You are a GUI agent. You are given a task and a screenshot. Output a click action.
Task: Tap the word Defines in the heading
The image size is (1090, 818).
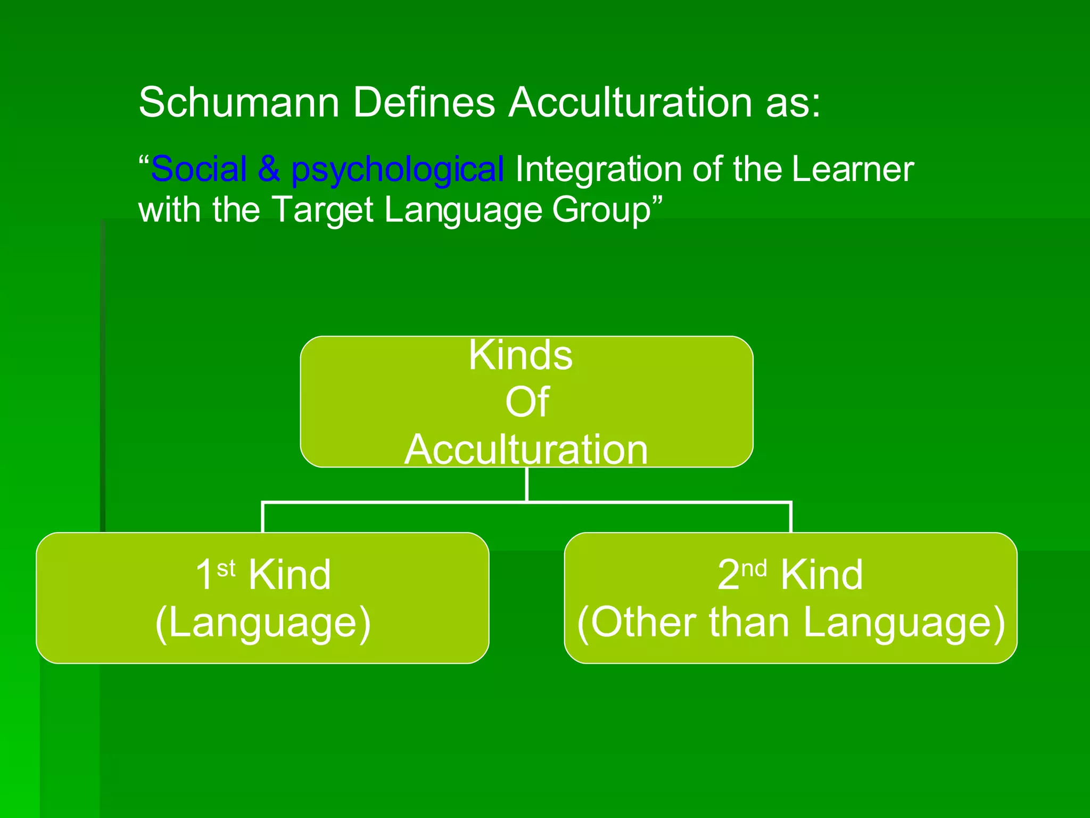(x=424, y=102)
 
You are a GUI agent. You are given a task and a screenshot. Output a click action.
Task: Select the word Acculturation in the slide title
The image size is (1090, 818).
(x=630, y=102)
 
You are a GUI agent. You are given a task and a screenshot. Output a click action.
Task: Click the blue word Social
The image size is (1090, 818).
(x=199, y=169)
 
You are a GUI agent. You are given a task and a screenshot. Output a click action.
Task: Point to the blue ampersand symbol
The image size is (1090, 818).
(x=269, y=169)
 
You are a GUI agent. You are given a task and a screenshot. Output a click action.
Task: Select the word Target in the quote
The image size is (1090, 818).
(x=323, y=210)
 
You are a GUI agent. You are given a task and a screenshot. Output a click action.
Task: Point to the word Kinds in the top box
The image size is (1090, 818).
(x=521, y=355)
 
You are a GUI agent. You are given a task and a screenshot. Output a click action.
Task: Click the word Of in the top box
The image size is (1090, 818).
(x=526, y=402)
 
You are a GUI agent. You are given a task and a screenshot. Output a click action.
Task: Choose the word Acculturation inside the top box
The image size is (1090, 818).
(x=526, y=449)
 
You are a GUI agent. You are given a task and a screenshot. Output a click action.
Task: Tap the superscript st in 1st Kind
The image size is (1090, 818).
(x=226, y=569)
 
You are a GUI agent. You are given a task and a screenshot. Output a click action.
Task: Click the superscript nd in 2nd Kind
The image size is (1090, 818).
(x=754, y=569)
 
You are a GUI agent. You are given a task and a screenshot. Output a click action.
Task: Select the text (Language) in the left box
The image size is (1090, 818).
(x=263, y=622)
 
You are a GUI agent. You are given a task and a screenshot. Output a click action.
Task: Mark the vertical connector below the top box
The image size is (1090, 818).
(x=526, y=484)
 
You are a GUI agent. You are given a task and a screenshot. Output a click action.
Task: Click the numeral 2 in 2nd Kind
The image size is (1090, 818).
(x=729, y=575)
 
